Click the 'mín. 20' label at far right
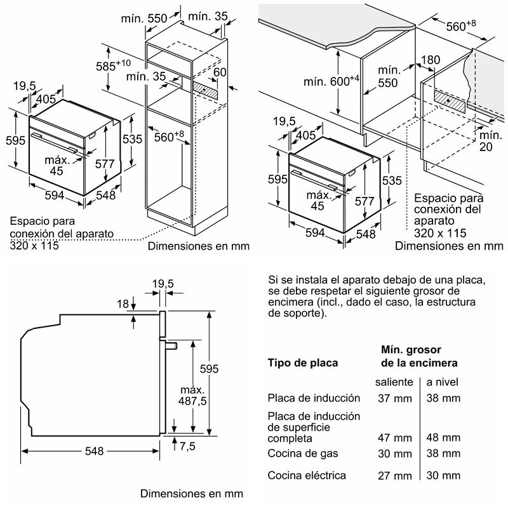click(490, 142)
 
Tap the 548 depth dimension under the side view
click(93, 451)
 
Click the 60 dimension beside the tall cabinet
click(220, 72)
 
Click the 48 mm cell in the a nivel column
click(443, 438)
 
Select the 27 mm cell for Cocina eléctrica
click(394, 475)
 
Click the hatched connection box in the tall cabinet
click(207, 90)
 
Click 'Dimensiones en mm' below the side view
click(191, 493)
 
